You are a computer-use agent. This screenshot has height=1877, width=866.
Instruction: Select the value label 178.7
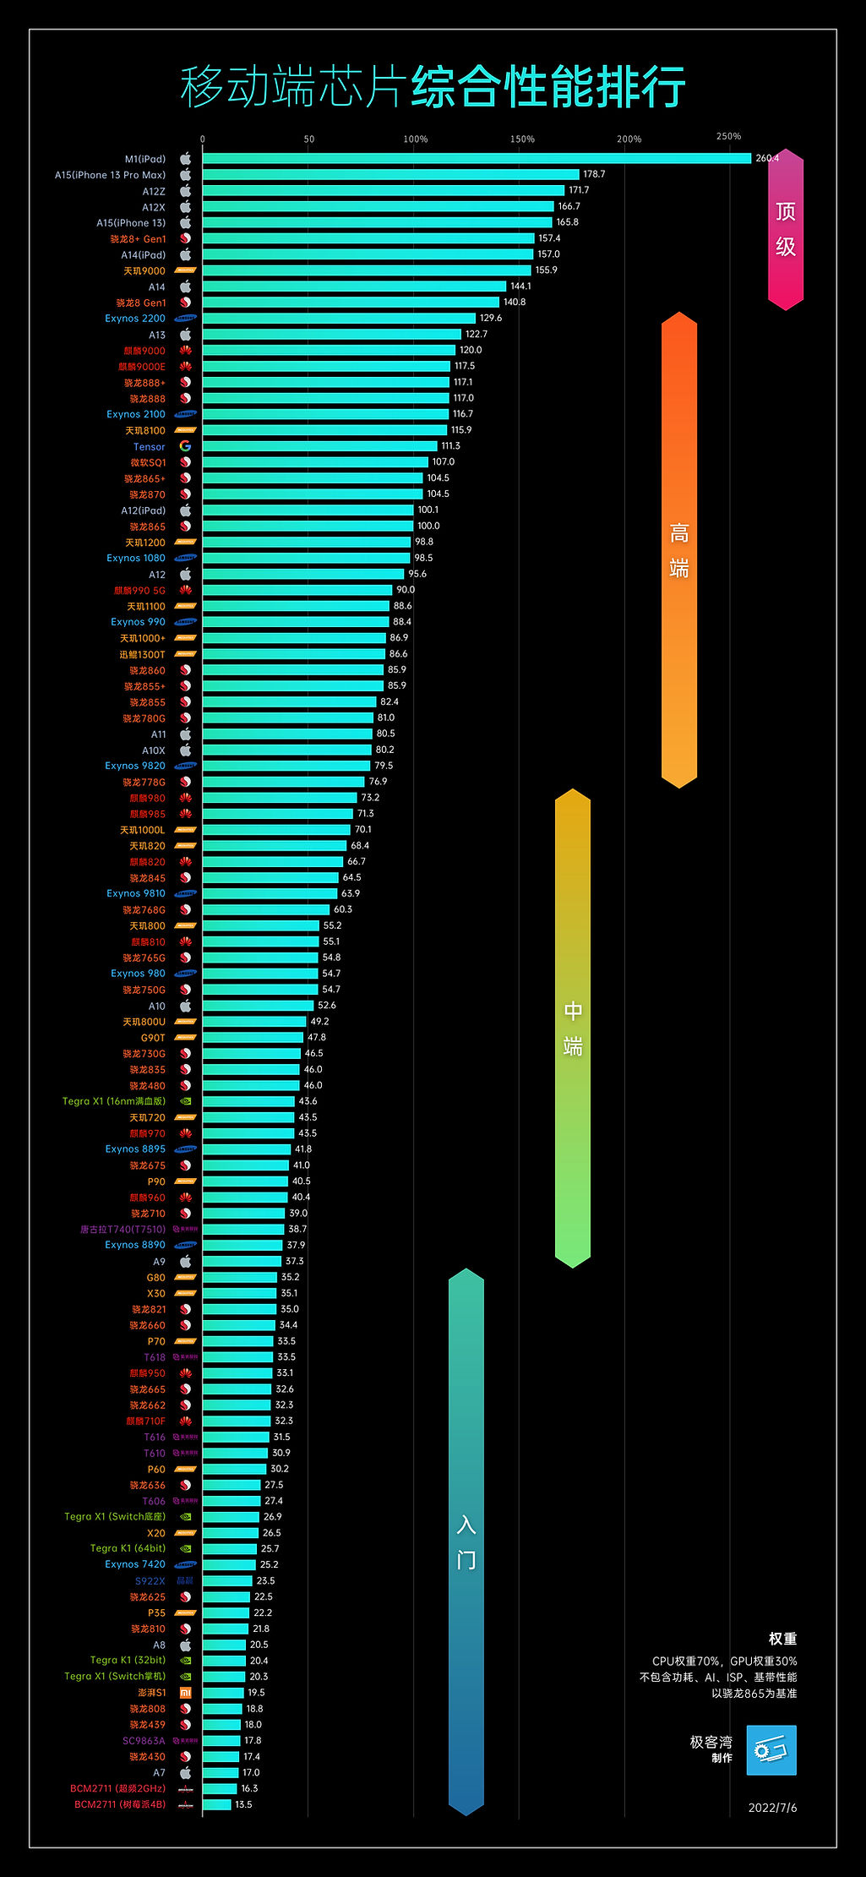coord(594,174)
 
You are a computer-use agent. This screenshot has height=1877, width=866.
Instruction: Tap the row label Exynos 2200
coord(135,319)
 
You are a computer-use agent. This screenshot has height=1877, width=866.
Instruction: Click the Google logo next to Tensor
coord(185,446)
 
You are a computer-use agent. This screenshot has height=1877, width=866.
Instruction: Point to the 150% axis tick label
coord(522,139)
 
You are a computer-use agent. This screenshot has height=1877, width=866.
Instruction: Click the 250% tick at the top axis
coord(728,136)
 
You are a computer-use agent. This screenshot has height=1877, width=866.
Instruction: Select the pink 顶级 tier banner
coord(785,229)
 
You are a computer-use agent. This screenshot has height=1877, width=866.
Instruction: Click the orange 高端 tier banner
coord(678,550)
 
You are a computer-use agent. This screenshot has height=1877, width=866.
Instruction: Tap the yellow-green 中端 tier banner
coord(572,1028)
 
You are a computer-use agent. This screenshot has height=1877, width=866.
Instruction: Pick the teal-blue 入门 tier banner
coord(466,1541)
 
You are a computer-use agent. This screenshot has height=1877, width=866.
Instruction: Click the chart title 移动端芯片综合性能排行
coord(433,86)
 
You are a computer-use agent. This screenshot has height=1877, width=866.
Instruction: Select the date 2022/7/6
coord(772,1808)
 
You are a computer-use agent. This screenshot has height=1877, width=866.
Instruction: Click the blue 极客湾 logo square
coord(771,1750)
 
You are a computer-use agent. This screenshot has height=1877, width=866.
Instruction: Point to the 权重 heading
coord(782,1639)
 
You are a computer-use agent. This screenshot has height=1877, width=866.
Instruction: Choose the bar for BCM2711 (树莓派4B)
coord(216,1804)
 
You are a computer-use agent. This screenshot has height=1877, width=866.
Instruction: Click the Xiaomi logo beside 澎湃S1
coord(185,1693)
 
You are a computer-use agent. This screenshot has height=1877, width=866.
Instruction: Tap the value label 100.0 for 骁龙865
coord(428,526)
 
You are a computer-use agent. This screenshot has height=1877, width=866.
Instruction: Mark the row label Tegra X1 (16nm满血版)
coord(114,1101)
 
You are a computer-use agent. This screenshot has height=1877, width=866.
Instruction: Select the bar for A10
coord(258,1006)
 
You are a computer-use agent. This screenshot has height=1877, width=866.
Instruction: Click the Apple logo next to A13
coord(185,335)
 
